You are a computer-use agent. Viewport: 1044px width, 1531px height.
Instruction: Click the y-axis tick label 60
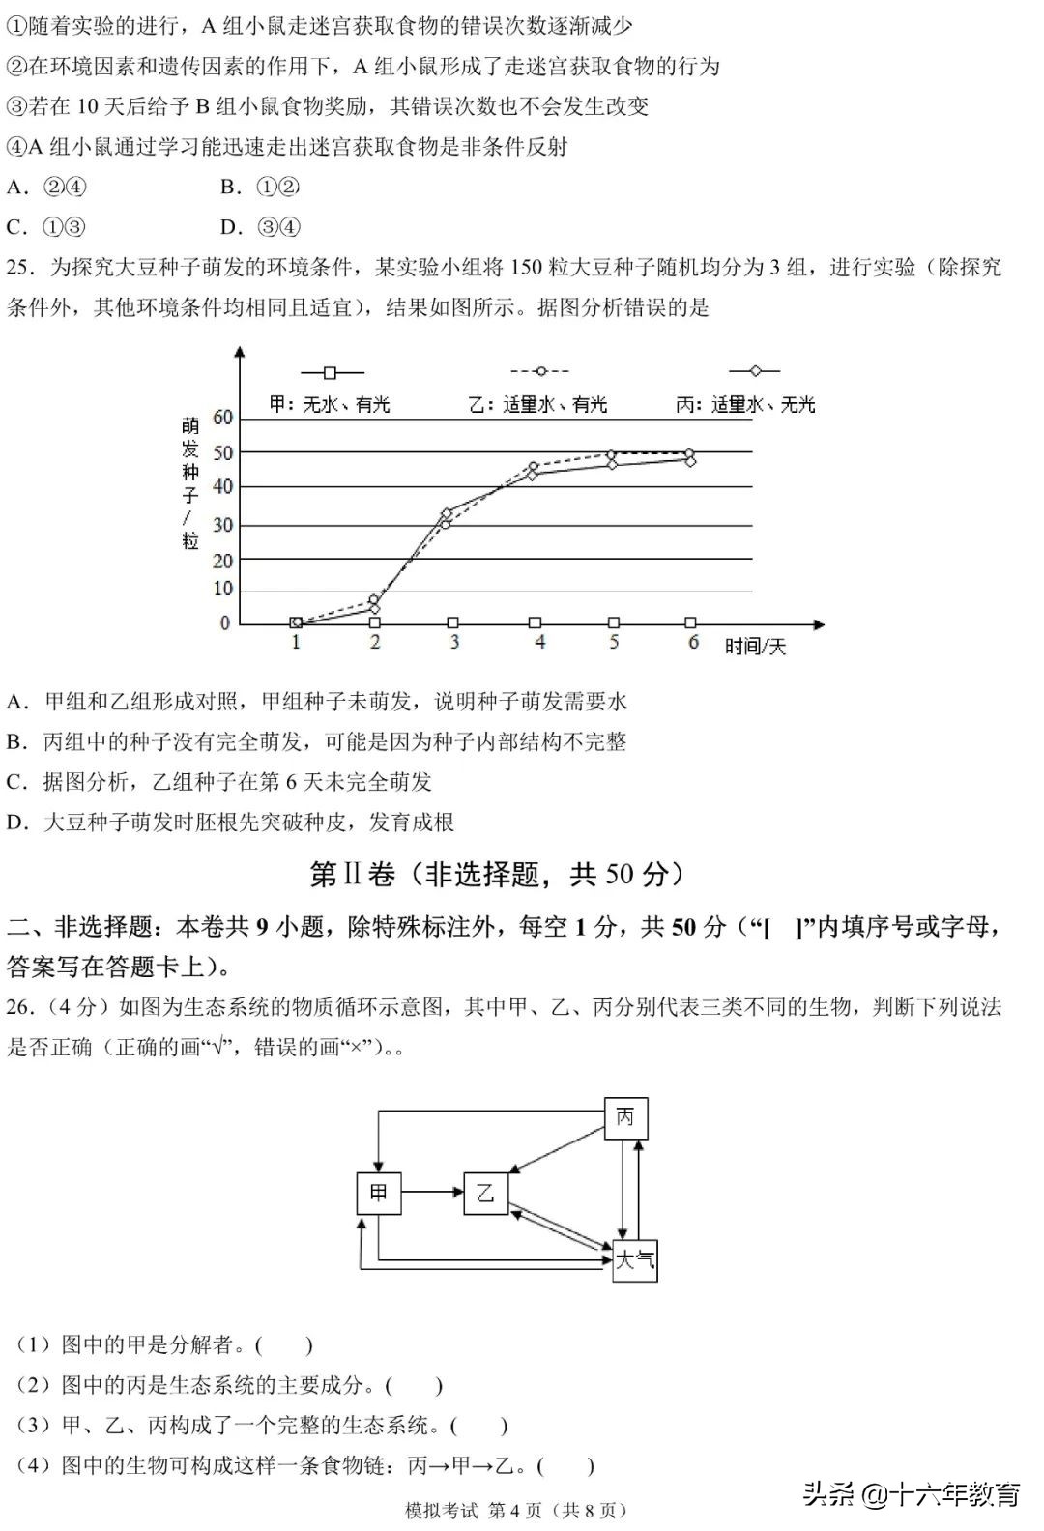point(223,418)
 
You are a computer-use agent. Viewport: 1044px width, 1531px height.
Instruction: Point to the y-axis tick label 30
point(223,525)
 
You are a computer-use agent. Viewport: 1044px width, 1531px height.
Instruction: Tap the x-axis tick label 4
point(539,642)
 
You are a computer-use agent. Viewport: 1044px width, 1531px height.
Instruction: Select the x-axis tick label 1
point(296,642)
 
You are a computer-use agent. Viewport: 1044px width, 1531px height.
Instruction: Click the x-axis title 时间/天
point(756,646)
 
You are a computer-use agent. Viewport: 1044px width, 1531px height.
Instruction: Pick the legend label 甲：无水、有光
point(330,404)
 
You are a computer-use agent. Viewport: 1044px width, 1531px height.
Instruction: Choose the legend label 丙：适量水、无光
point(744,404)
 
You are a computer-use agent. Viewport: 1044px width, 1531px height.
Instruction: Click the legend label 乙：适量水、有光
point(537,404)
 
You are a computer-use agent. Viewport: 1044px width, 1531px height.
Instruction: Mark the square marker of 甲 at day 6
point(690,623)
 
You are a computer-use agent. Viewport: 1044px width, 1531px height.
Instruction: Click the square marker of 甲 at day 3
point(453,623)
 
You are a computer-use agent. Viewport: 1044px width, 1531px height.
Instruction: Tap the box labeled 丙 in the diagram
point(625,1118)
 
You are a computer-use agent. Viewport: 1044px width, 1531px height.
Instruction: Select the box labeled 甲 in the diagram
point(378,1193)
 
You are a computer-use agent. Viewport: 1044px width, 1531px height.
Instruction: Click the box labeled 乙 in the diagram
point(485,1193)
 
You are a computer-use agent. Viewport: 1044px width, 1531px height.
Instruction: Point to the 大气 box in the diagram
point(635,1260)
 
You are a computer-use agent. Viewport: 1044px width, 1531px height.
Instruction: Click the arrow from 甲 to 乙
point(431,1193)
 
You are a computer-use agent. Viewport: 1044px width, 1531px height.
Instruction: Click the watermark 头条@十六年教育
point(911,1495)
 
